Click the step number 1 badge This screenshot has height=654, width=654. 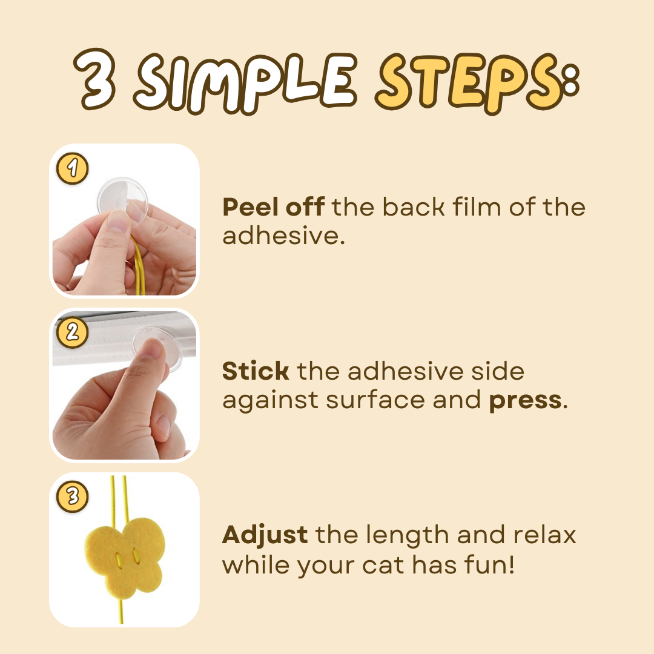click(x=73, y=168)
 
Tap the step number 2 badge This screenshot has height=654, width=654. click(x=73, y=332)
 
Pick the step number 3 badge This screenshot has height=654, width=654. click(x=73, y=497)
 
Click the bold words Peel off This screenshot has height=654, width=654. click(x=274, y=206)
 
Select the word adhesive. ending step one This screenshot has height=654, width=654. click(x=283, y=236)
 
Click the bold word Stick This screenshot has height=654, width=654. click(x=256, y=371)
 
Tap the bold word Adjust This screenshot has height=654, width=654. click(x=265, y=535)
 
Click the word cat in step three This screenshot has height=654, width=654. click(x=383, y=566)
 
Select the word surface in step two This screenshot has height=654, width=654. click(x=375, y=400)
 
